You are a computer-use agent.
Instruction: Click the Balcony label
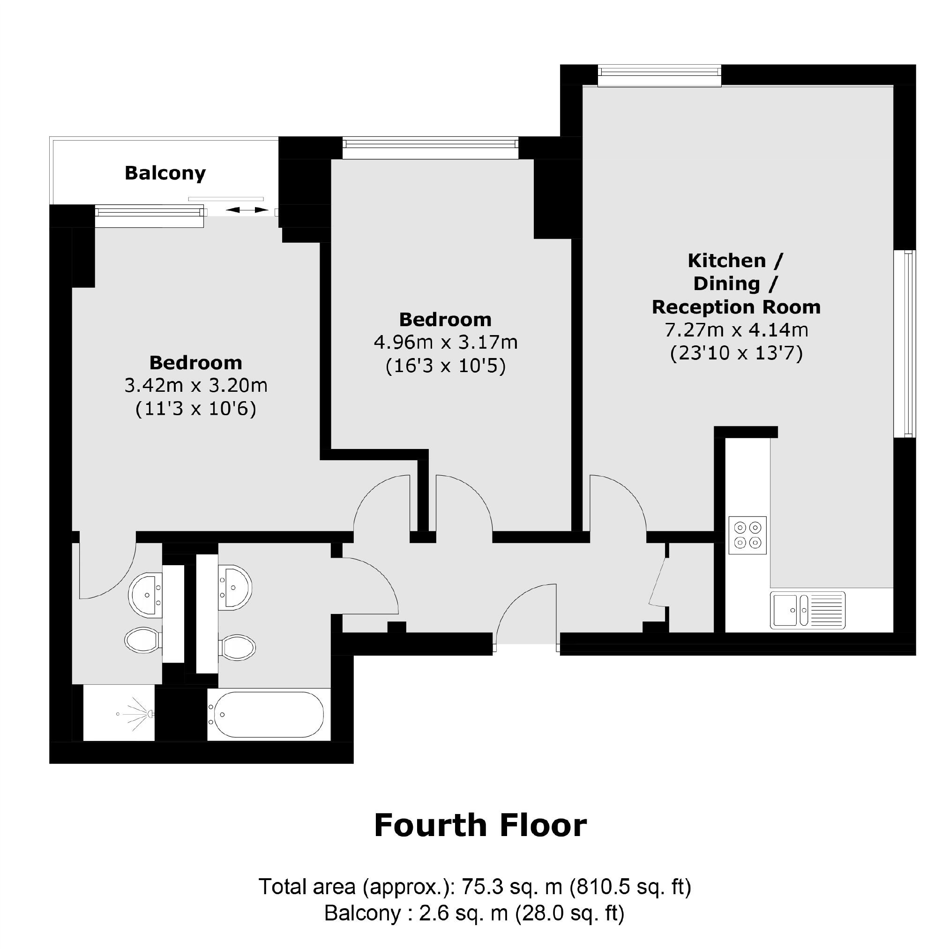pyautogui.click(x=165, y=173)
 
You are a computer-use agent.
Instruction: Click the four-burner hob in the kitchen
pyautogui.click(x=747, y=535)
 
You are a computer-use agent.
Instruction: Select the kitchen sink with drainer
pyautogui.click(x=807, y=610)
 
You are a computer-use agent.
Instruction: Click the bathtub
pyautogui.click(x=266, y=715)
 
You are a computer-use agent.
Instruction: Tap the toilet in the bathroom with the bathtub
pyautogui.click(x=238, y=647)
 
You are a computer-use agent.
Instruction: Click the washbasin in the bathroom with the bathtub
pyautogui.click(x=236, y=588)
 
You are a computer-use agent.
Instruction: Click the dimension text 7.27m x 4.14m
pyautogui.click(x=736, y=330)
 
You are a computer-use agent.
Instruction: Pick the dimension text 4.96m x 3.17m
pyautogui.click(x=446, y=343)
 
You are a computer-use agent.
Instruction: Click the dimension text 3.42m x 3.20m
pyautogui.click(x=195, y=386)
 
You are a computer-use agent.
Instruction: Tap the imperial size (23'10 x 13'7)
pyautogui.click(x=736, y=353)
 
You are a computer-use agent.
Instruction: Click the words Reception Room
pyautogui.click(x=736, y=307)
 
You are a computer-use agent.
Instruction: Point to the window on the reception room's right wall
pyautogui.click(x=909, y=344)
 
